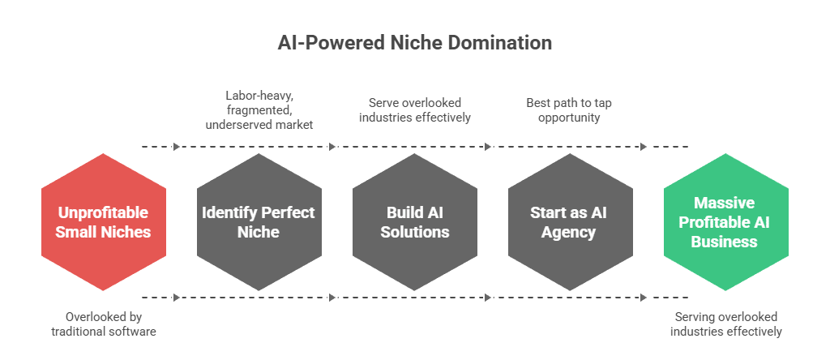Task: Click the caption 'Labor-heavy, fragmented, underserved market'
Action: [259, 109]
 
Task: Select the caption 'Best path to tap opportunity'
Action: [571, 109]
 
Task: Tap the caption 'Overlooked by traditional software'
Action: [104, 324]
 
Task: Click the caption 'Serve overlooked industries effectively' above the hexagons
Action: [415, 109]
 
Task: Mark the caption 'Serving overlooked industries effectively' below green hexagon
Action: [725, 324]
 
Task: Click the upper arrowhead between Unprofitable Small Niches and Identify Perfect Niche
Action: [177, 147]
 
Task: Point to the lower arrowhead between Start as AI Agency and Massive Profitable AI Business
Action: [644, 298]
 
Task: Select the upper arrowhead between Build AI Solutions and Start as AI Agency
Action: [488, 147]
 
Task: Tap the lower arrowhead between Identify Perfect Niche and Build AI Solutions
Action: [332, 298]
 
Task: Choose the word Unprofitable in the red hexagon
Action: [104, 213]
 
